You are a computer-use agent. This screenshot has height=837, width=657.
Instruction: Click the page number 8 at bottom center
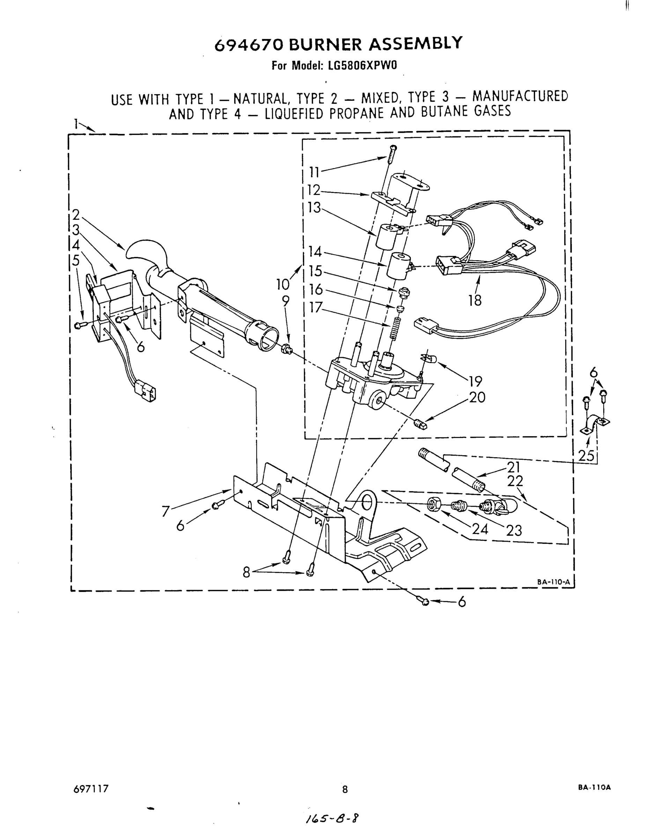(345, 789)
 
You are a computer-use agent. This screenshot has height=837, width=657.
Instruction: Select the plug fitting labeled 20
(420, 425)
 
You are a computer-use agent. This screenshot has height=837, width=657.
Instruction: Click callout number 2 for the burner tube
(76, 214)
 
